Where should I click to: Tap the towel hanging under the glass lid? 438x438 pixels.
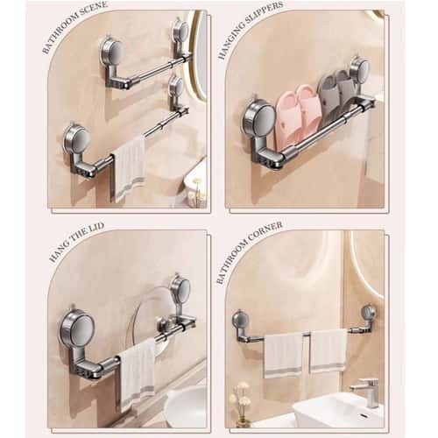[x=137, y=372]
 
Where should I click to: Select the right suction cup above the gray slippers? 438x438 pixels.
[x=359, y=67]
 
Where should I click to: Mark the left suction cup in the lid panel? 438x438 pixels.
[x=80, y=327]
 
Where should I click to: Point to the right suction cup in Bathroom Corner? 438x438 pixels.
[x=369, y=312]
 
